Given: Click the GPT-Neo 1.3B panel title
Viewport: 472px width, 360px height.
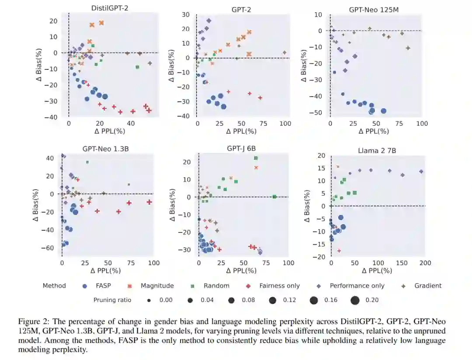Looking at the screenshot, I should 105,149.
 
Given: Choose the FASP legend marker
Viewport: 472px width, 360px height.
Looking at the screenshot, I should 85,286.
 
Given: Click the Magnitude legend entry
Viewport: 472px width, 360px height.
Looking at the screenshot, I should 157,286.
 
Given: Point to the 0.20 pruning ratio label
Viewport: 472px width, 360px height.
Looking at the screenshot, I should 372,300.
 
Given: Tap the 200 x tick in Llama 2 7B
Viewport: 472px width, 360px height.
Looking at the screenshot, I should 425,263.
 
